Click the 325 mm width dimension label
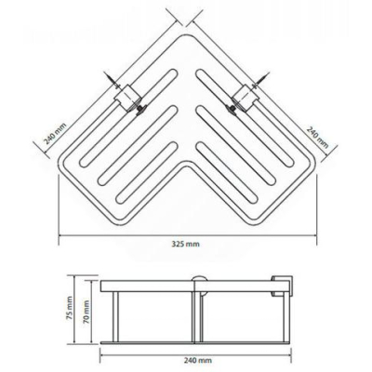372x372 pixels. point(186,244)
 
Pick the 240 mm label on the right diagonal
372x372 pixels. point(317,137)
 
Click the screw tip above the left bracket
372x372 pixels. point(108,73)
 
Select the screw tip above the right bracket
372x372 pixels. point(265,73)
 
